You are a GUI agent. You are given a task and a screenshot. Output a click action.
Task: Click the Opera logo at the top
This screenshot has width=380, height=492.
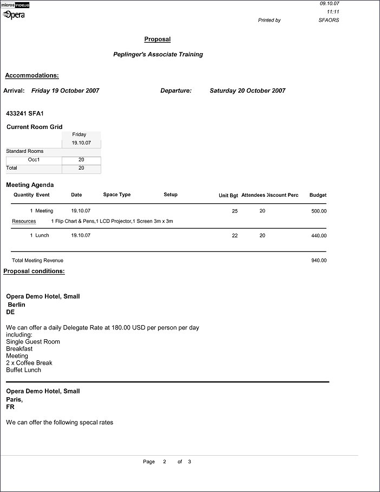coord(15,15)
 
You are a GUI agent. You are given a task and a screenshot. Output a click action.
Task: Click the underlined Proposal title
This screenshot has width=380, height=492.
coord(157,39)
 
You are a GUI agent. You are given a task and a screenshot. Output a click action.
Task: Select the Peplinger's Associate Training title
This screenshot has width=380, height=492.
coord(158,54)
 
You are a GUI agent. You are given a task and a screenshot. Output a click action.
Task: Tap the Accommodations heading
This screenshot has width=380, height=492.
coord(32,75)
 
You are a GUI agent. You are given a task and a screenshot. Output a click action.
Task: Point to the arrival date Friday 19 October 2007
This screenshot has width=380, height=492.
coord(65,90)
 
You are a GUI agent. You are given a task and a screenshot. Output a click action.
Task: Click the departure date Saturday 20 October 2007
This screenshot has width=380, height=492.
coord(247,90)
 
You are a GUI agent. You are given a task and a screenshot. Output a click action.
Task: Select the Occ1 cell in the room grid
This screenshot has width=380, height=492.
coord(34,160)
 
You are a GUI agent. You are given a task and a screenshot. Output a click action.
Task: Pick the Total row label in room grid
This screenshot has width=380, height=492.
coord(11,168)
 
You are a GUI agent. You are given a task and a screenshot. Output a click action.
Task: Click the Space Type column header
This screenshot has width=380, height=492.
coord(117,195)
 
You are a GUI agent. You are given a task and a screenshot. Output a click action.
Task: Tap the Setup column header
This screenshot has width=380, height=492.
coord(171,195)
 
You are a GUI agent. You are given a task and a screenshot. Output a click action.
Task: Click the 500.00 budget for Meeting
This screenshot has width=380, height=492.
coord(319,211)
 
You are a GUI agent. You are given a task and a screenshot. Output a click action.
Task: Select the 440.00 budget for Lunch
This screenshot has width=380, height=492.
coord(319,236)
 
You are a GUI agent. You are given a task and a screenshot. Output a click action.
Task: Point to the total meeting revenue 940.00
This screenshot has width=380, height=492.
coord(319,261)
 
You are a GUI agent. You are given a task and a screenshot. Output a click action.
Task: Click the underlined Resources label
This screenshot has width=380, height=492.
coord(24,221)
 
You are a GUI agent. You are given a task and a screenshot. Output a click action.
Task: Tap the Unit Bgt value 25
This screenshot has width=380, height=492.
coord(235,211)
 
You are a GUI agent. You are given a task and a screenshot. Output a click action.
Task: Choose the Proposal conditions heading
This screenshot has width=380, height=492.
coord(34,271)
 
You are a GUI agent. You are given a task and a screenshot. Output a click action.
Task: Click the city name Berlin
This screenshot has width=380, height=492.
coord(16,305)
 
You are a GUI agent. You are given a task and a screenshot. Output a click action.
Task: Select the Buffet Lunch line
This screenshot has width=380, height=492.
coord(23,370)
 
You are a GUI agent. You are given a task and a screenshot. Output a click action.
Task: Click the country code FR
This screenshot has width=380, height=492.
coord(10,406)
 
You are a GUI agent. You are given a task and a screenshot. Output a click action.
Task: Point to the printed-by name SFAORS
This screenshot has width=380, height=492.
coord(329,20)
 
